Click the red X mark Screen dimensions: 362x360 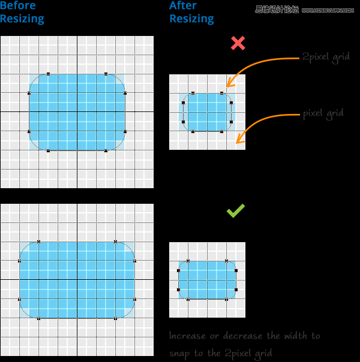point(238,43)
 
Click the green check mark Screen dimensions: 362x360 point(235,211)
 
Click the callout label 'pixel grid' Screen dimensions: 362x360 point(323,113)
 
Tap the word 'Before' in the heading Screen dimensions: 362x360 point(18,6)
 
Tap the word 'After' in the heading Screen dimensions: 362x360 point(183,6)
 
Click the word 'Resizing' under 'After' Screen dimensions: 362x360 point(191,19)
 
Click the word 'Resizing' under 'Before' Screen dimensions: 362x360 point(22,19)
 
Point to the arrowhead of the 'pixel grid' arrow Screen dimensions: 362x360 point(239,141)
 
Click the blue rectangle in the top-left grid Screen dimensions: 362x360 point(77,112)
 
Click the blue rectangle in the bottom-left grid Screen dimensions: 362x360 point(77,280)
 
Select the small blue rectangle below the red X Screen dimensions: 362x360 point(208,112)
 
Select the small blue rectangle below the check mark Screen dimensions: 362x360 point(207,280)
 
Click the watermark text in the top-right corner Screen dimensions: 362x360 point(305,10)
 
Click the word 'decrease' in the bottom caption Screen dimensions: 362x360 point(242,336)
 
